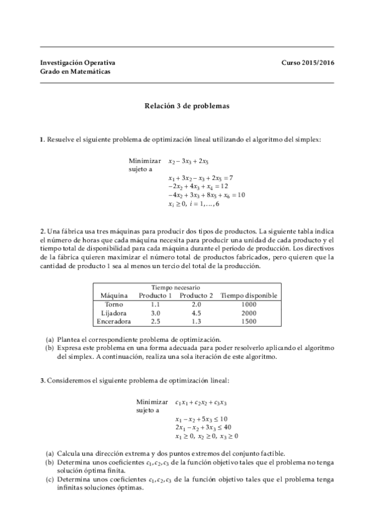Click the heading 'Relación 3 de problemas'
pyautogui.click(x=187, y=106)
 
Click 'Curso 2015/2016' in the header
pyautogui.click(x=307, y=63)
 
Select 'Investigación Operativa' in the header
pyautogui.click(x=77, y=63)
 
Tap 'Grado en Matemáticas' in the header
pyautogui.click(x=75, y=72)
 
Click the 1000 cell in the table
pyautogui.click(x=249, y=304)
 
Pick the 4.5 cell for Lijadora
pyautogui.click(x=196, y=312)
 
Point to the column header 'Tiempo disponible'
pyautogui.click(x=249, y=295)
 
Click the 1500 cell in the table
pyautogui.click(x=249, y=321)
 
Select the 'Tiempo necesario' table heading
pyautogui.click(x=175, y=287)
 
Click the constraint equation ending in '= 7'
pyautogui.click(x=200, y=177)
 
